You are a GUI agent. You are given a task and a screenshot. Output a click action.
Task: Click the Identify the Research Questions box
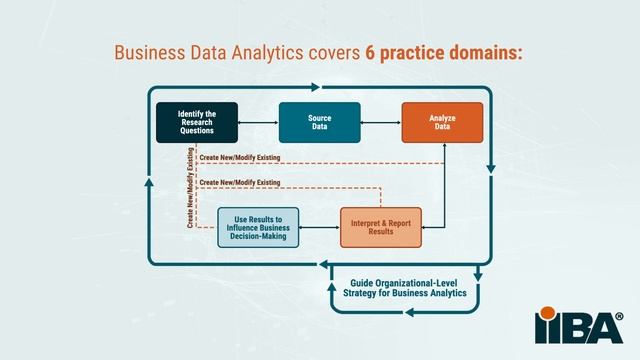pyautogui.click(x=197, y=122)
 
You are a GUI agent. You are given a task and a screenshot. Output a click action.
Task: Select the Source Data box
pyautogui.click(x=320, y=122)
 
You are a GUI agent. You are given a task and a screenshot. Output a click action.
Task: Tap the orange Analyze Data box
pyautogui.click(x=442, y=122)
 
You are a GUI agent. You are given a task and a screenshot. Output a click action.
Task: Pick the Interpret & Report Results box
pyautogui.click(x=381, y=227)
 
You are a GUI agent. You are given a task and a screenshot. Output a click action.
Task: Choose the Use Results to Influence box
pyautogui.click(x=258, y=227)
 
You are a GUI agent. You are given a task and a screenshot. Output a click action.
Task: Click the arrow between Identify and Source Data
pyautogui.click(x=258, y=122)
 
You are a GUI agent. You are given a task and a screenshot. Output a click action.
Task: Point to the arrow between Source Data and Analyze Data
pyautogui.click(x=381, y=122)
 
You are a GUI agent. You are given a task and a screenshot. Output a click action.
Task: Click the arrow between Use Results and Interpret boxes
pyautogui.click(x=320, y=227)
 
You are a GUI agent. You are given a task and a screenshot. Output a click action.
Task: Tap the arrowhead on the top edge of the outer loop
pyautogui.click(x=315, y=87)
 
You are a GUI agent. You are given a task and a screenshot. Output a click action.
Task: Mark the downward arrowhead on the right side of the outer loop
pyautogui.click(x=491, y=169)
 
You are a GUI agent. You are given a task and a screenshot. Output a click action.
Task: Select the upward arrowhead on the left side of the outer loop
pyautogui.click(x=149, y=182)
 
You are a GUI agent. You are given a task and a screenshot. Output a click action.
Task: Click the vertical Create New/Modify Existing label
pyautogui.click(x=190, y=188)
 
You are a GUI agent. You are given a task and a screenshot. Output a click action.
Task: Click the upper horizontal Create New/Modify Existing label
pyautogui.click(x=240, y=158)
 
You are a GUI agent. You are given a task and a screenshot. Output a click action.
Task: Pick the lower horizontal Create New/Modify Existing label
pyautogui.click(x=240, y=182)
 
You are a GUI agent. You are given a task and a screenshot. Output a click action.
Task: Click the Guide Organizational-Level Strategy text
pyautogui.click(x=404, y=288)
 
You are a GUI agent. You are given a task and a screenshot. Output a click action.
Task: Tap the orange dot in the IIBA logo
pyautogui.click(x=547, y=313)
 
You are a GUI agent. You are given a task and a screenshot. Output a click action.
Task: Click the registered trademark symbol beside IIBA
pyautogui.click(x=619, y=316)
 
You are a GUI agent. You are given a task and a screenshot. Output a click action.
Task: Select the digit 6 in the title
pyautogui.click(x=370, y=53)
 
